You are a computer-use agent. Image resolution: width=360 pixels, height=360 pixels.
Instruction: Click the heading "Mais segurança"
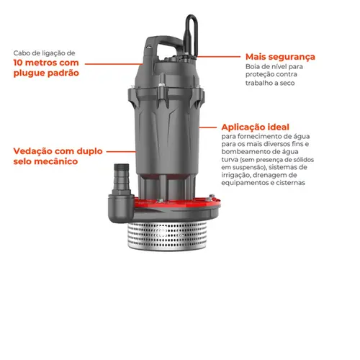click(280, 57)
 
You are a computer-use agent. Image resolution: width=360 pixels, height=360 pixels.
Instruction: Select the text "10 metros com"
click(45, 63)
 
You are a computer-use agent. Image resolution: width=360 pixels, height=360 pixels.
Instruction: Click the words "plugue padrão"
click(45, 73)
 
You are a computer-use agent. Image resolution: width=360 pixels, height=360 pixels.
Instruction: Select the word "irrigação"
click(240, 174)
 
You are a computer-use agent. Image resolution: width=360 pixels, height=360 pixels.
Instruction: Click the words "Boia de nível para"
click(274, 68)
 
